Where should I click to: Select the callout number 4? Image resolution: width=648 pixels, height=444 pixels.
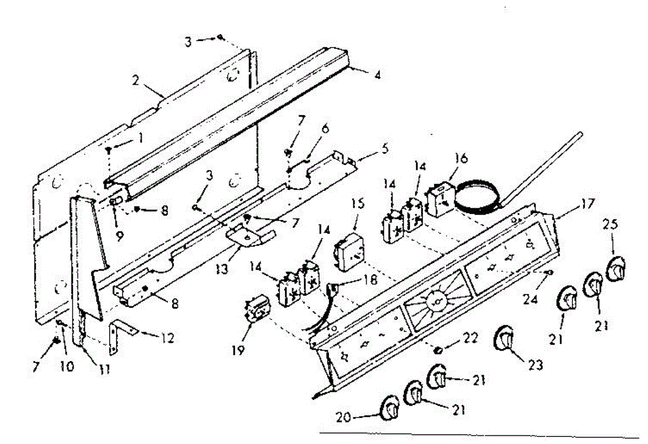point(377,76)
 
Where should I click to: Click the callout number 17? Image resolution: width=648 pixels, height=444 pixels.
point(588,204)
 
